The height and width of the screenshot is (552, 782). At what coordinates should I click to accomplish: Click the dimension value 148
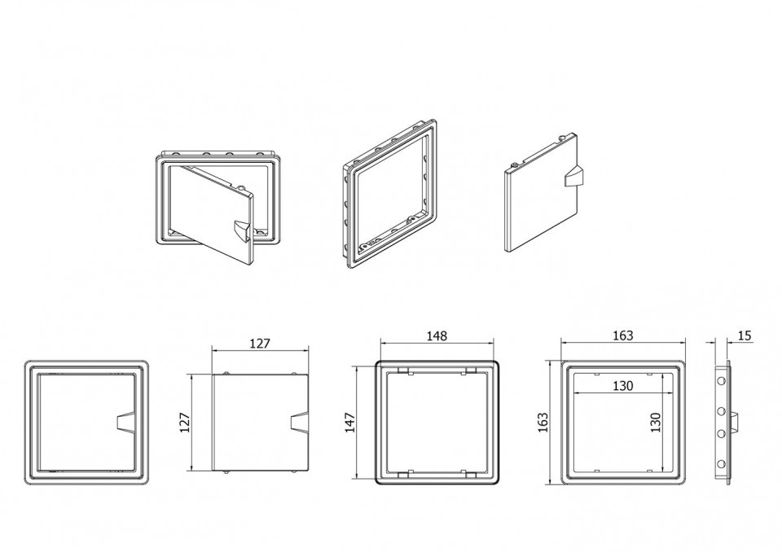click(x=437, y=336)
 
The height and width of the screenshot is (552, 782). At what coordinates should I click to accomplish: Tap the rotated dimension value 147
click(x=350, y=423)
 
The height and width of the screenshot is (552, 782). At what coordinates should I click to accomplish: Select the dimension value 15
click(x=744, y=335)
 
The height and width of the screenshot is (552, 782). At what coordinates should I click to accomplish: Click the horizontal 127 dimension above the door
click(x=259, y=343)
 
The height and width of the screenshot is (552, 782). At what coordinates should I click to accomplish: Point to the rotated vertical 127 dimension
click(x=185, y=423)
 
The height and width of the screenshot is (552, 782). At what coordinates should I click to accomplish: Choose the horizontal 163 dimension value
click(x=623, y=335)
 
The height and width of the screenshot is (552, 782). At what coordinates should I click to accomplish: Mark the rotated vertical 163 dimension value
click(x=543, y=423)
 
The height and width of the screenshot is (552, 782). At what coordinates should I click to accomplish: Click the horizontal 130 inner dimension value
click(x=623, y=385)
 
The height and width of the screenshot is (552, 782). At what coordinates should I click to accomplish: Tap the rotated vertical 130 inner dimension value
click(x=655, y=423)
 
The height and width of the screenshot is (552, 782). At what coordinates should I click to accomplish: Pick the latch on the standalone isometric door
click(x=573, y=176)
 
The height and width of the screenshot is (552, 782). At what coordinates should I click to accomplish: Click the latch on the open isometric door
click(x=243, y=231)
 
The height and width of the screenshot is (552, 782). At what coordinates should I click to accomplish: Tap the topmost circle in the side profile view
click(x=721, y=381)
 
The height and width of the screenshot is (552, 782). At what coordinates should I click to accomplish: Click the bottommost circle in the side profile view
click(x=721, y=465)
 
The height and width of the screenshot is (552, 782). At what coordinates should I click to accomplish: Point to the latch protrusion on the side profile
click(x=734, y=423)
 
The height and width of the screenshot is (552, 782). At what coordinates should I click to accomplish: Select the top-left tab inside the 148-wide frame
click(x=404, y=370)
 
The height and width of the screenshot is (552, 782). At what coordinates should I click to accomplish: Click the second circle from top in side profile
click(x=721, y=410)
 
